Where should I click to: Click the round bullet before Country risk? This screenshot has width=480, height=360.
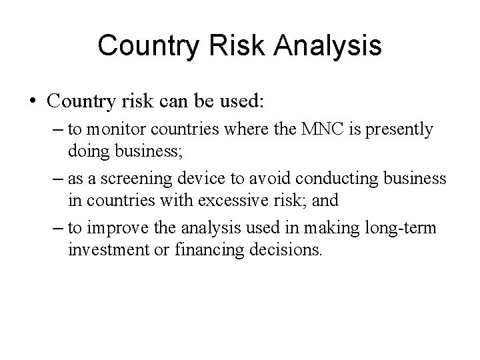pyautogui.click(x=33, y=102)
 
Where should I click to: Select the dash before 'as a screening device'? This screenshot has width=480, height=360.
pyautogui.click(x=56, y=179)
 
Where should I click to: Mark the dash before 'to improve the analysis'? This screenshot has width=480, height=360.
pyautogui.click(x=56, y=228)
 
